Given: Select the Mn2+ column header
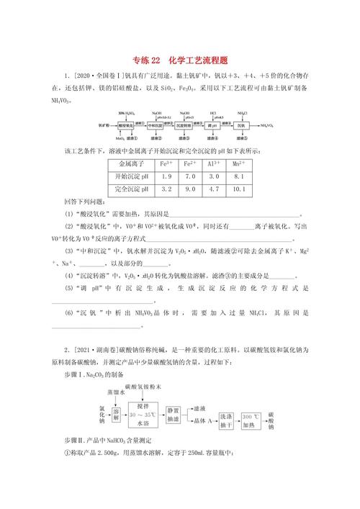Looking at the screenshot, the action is [x=243, y=163].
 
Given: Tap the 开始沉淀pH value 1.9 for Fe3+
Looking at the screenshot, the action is [x=166, y=176].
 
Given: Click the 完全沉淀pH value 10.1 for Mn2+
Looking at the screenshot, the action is [x=243, y=190].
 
